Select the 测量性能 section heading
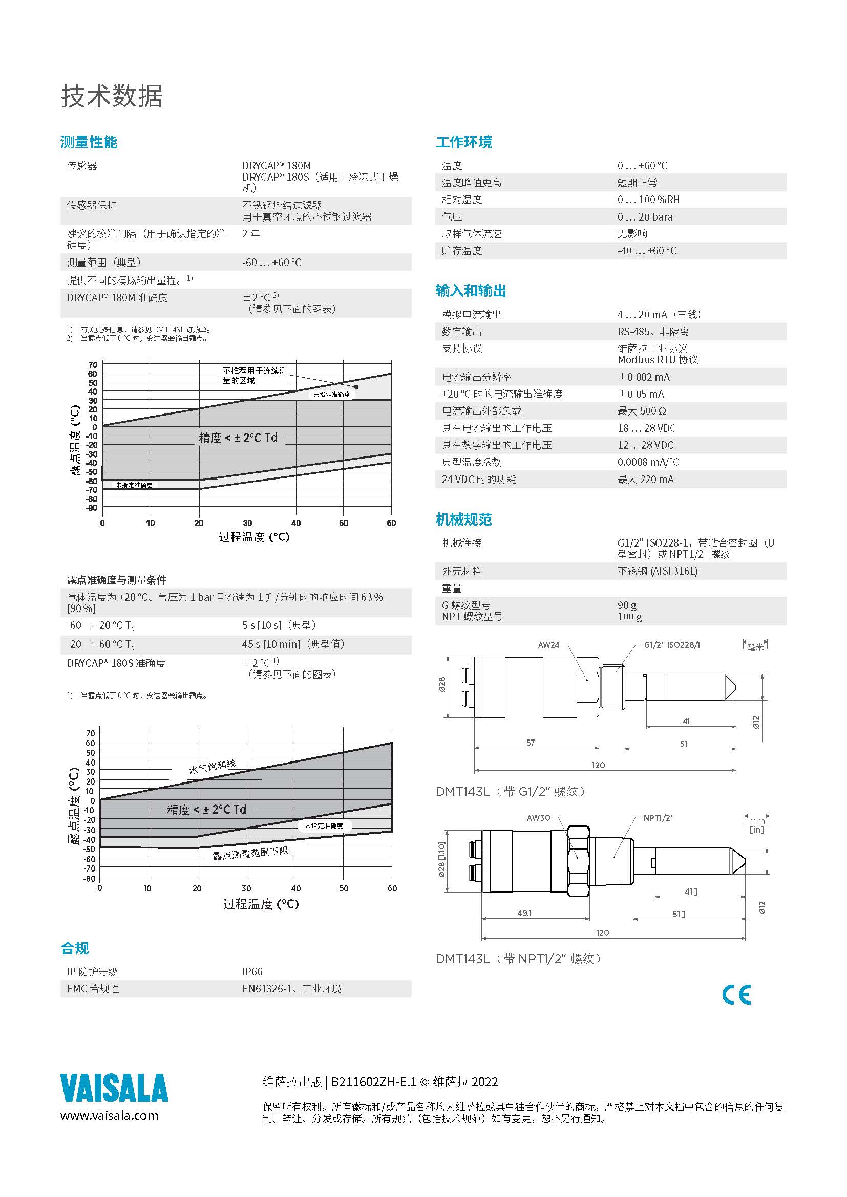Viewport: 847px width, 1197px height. pyautogui.click(x=89, y=142)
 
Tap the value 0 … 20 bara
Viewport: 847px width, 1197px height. pyautogui.click(x=645, y=217)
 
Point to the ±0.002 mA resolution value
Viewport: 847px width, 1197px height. pyautogui.click(x=644, y=377)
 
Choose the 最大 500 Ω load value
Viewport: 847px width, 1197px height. pyautogui.click(x=642, y=411)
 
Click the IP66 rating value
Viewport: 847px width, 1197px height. pyautogui.click(x=252, y=971)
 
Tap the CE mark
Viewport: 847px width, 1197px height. pyautogui.click(x=736, y=995)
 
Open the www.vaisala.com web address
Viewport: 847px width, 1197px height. pyautogui.click(x=110, y=1115)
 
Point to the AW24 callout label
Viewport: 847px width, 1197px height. pyautogui.click(x=548, y=645)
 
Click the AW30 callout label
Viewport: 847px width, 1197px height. pyautogui.click(x=538, y=817)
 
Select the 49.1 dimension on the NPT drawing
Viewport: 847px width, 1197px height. pyautogui.click(x=524, y=913)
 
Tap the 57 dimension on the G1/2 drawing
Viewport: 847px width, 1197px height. pyautogui.click(x=531, y=742)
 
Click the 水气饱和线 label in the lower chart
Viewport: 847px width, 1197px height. pyautogui.click(x=213, y=767)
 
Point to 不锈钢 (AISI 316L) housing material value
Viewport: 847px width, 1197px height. pyautogui.click(x=657, y=571)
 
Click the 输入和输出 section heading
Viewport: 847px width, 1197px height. pyautogui.click(x=471, y=291)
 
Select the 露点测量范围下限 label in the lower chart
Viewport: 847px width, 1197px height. pyautogui.click(x=250, y=853)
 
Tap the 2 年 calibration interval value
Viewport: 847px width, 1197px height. pyautogui.click(x=251, y=234)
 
